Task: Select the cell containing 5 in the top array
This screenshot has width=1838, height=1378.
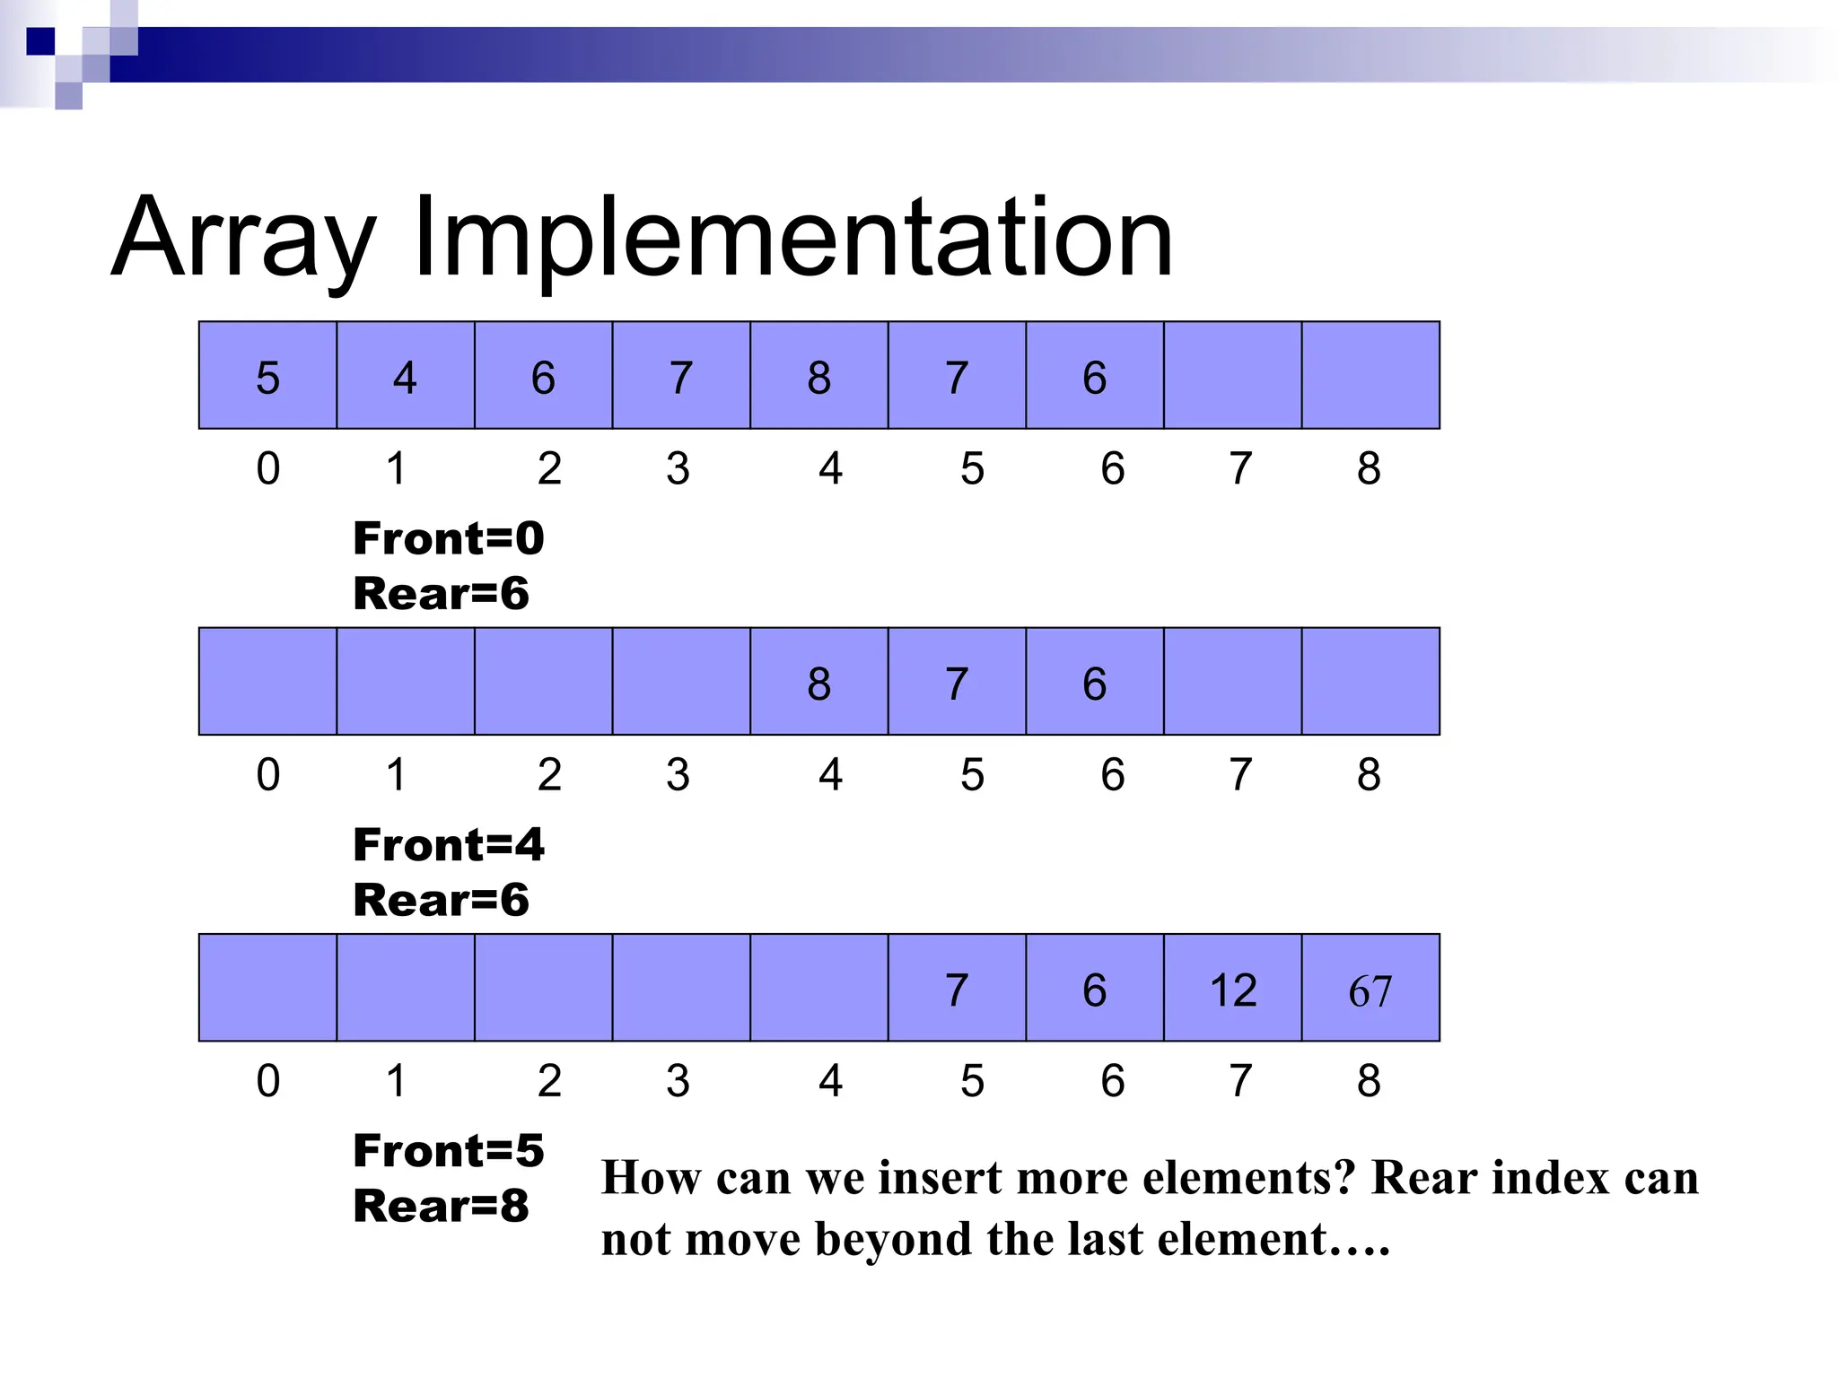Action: tap(267, 376)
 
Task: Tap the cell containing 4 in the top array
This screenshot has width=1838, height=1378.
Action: tap(405, 376)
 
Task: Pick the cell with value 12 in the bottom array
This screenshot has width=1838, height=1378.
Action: tap(1232, 989)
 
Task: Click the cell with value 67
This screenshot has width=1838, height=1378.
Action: tap(1370, 989)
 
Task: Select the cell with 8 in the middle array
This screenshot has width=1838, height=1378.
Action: tap(818, 682)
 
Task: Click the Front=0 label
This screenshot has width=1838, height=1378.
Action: tap(448, 538)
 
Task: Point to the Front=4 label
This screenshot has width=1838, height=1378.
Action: tap(448, 845)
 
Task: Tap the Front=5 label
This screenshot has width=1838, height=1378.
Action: tap(448, 1151)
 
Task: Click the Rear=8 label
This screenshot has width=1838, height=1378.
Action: tap(441, 1206)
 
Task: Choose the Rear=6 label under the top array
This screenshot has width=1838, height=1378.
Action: tap(441, 594)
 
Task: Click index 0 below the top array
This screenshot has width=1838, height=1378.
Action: tap(267, 468)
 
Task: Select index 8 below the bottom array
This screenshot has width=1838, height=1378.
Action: tap(1368, 1081)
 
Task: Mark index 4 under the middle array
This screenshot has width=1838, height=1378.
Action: tap(830, 775)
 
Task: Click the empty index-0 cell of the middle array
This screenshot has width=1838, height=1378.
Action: tap(267, 682)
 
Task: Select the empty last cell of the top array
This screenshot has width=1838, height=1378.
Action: tap(1370, 376)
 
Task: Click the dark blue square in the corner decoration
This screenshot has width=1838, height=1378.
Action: tap(40, 41)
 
